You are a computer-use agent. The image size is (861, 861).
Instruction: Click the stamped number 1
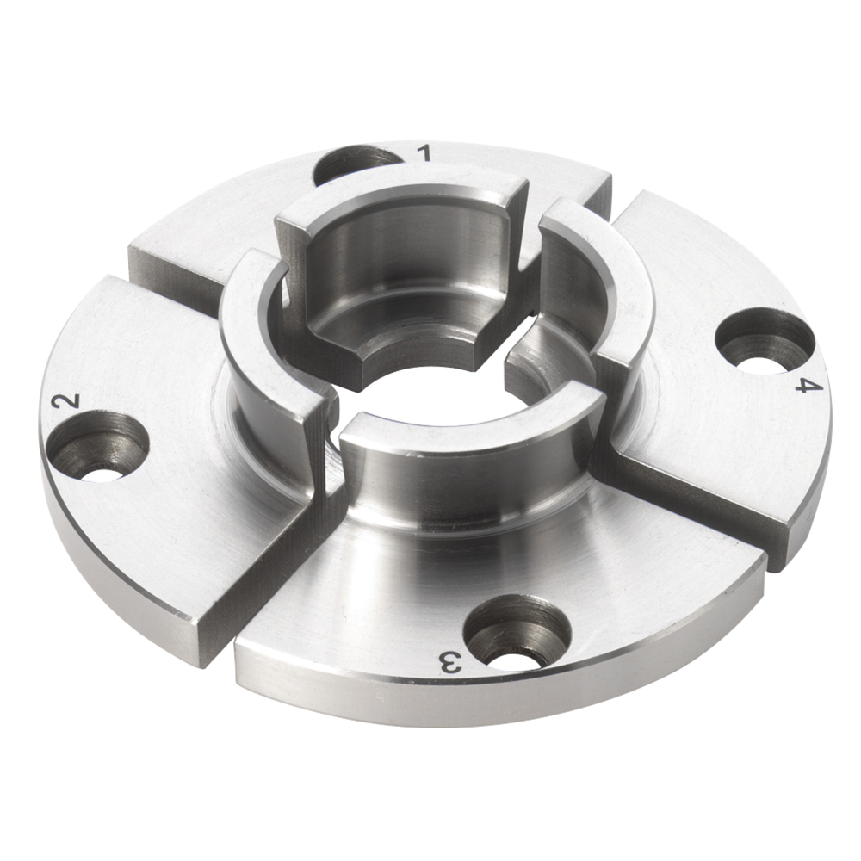coord(423,153)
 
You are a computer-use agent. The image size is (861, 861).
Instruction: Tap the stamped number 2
coord(67,401)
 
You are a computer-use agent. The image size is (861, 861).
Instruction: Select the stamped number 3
coord(450,662)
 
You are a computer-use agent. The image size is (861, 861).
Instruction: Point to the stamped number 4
coord(806,385)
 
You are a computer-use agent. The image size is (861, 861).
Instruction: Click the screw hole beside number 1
coord(356,164)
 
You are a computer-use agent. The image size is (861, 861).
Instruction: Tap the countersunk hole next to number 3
coord(517,632)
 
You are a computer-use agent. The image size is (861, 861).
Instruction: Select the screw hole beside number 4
coord(765,338)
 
